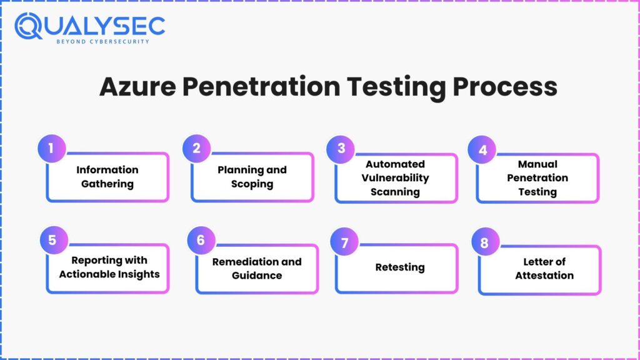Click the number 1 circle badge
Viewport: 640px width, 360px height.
(51, 149)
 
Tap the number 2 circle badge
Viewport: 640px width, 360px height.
(196, 148)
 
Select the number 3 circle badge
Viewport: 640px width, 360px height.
(341, 148)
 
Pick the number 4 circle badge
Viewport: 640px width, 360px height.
(482, 150)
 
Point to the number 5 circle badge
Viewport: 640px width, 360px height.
(52, 241)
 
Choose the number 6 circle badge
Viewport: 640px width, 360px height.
(201, 241)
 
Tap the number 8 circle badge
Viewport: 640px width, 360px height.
(484, 243)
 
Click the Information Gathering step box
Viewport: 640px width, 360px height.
(107, 177)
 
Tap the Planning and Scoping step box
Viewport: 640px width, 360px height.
(252, 177)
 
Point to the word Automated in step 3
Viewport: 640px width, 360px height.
(395, 164)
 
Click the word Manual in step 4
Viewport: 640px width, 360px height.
(537, 164)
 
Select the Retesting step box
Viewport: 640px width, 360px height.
(399, 267)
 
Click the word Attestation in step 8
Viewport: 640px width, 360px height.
(544, 275)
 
